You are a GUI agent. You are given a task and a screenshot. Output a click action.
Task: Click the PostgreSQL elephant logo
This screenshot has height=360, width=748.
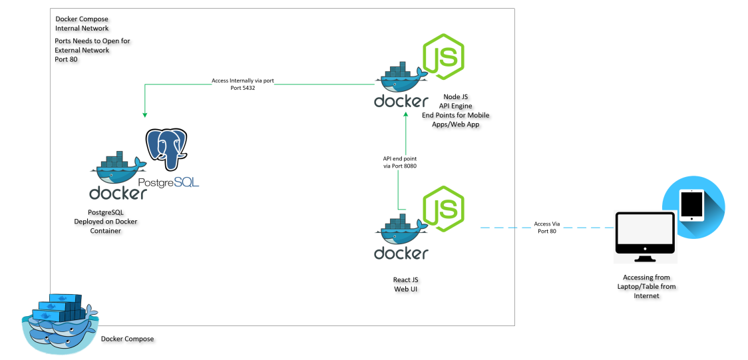pyautogui.click(x=165, y=150)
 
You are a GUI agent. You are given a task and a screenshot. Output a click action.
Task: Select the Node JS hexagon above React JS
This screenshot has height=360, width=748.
pyautogui.click(x=443, y=207)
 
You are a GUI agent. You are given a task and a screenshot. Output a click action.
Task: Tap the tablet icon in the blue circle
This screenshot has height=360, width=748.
pyautogui.click(x=693, y=205)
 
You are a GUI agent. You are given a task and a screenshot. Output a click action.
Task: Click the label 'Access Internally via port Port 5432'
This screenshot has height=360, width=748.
pyautogui.click(x=243, y=84)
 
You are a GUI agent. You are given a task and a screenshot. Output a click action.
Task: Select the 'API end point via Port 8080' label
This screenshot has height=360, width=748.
pyautogui.click(x=400, y=162)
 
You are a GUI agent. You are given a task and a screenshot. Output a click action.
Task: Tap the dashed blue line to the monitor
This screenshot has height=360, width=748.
pyautogui.click(x=506, y=228)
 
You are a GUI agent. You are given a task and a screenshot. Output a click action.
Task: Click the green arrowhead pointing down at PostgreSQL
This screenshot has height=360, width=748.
pyautogui.click(x=144, y=114)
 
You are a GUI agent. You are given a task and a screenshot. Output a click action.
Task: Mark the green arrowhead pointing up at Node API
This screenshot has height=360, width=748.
pyautogui.click(x=405, y=115)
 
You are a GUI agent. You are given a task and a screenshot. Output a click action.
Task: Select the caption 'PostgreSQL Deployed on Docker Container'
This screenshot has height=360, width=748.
pyautogui.click(x=110, y=222)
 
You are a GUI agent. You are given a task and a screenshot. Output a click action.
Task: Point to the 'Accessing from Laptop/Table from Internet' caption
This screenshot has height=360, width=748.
pyautogui.click(x=646, y=286)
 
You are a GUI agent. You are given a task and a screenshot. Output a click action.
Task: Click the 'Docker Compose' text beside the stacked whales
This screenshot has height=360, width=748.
pyautogui.click(x=127, y=339)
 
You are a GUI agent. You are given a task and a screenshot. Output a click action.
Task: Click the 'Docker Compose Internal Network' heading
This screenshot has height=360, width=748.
pyautogui.click(x=83, y=24)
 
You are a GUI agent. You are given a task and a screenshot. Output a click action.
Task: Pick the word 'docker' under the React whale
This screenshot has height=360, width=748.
pyautogui.click(x=401, y=253)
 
